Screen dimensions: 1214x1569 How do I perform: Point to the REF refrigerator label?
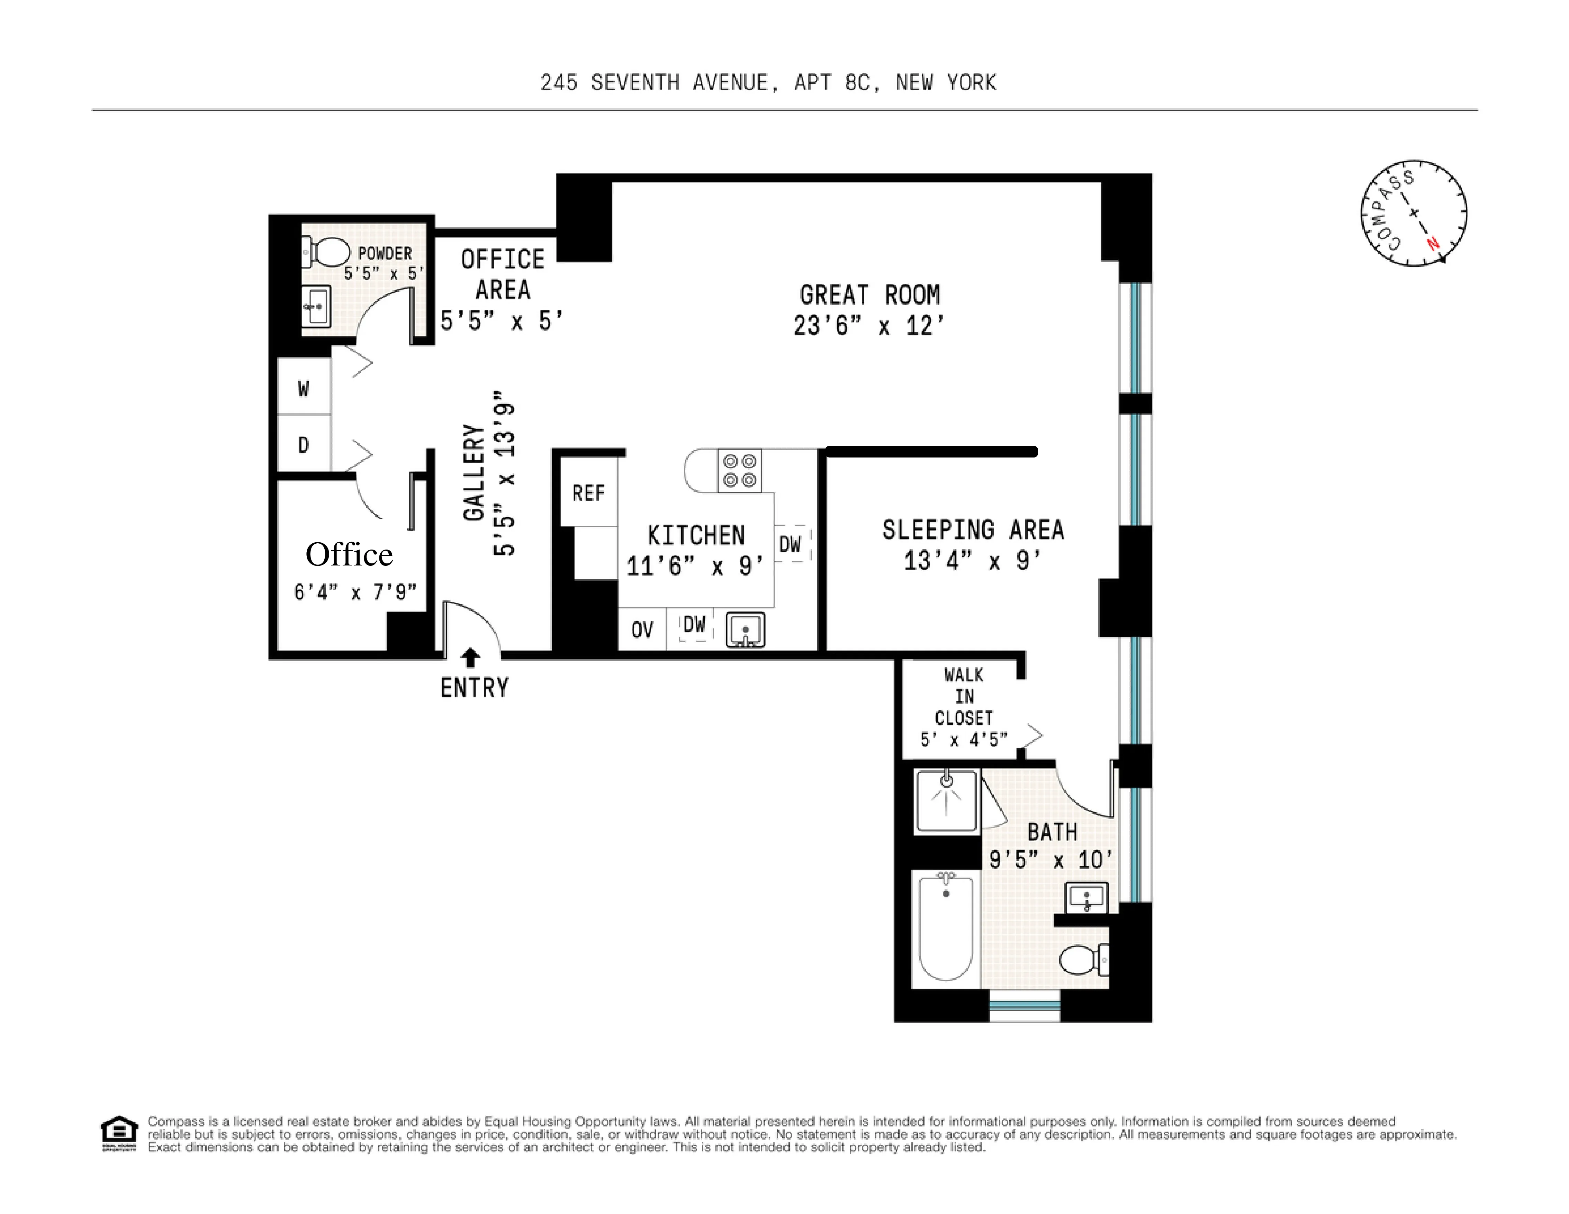[x=588, y=493]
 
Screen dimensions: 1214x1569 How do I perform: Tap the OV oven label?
[x=641, y=630]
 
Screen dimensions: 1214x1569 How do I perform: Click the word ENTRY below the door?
[x=474, y=688]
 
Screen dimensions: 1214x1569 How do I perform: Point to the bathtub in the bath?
[x=945, y=927]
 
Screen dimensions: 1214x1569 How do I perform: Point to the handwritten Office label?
[x=349, y=554]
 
